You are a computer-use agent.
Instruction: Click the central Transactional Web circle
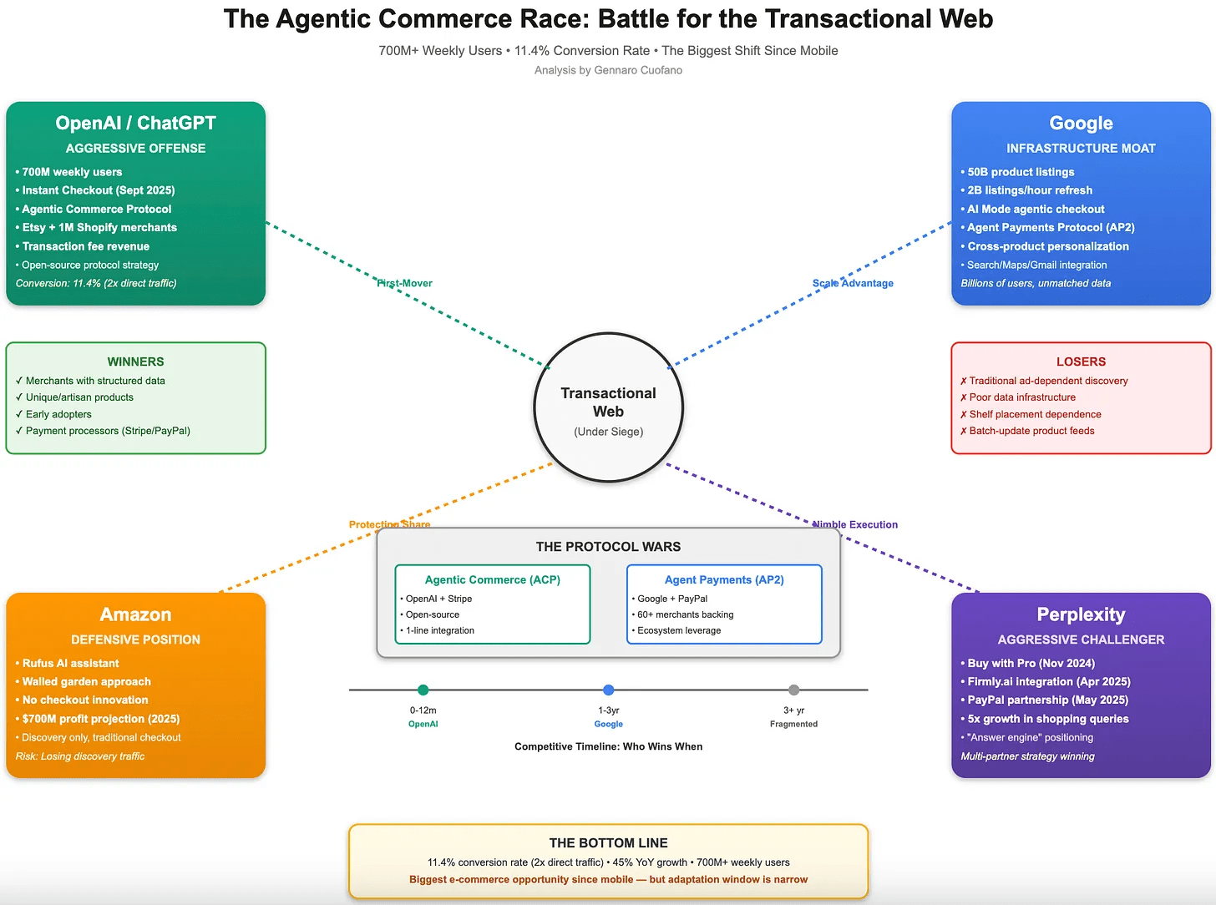(x=608, y=407)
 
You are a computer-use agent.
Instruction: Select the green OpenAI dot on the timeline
(x=423, y=690)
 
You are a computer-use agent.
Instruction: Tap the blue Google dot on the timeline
(x=608, y=690)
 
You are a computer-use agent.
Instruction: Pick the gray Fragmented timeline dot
(x=793, y=690)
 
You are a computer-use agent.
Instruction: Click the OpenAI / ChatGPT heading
(x=135, y=123)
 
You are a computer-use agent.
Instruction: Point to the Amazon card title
(x=135, y=614)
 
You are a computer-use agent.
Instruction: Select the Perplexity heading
(x=1081, y=614)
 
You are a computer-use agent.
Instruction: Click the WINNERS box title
(x=135, y=361)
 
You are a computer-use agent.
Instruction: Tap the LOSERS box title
(x=1081, y=361)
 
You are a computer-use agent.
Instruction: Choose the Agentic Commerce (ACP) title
(x=492, y=579)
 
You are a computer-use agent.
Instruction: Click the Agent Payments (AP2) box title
(x=724, y=579)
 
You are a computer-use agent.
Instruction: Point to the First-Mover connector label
(x=404, y=283)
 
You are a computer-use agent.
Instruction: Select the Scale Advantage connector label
(x=853, y=283)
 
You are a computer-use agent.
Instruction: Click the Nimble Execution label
(x=855, y=524)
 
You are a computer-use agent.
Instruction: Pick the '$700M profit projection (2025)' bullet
(x=100, y=719)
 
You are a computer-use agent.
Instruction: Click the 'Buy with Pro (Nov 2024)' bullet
(x=1031, y=663)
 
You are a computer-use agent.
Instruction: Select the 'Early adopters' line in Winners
(x=58, y=414)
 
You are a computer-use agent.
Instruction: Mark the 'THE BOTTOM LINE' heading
(x=608, y=843)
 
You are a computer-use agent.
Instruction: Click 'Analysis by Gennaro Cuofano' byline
(x=608, y=70)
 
